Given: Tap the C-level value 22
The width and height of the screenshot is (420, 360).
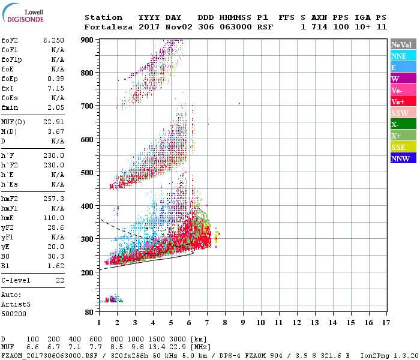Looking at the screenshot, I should click(59, 281).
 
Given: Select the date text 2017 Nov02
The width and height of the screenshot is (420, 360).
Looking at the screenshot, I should click(160, 27).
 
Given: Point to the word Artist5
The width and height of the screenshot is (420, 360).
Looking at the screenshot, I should click(16, 304).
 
